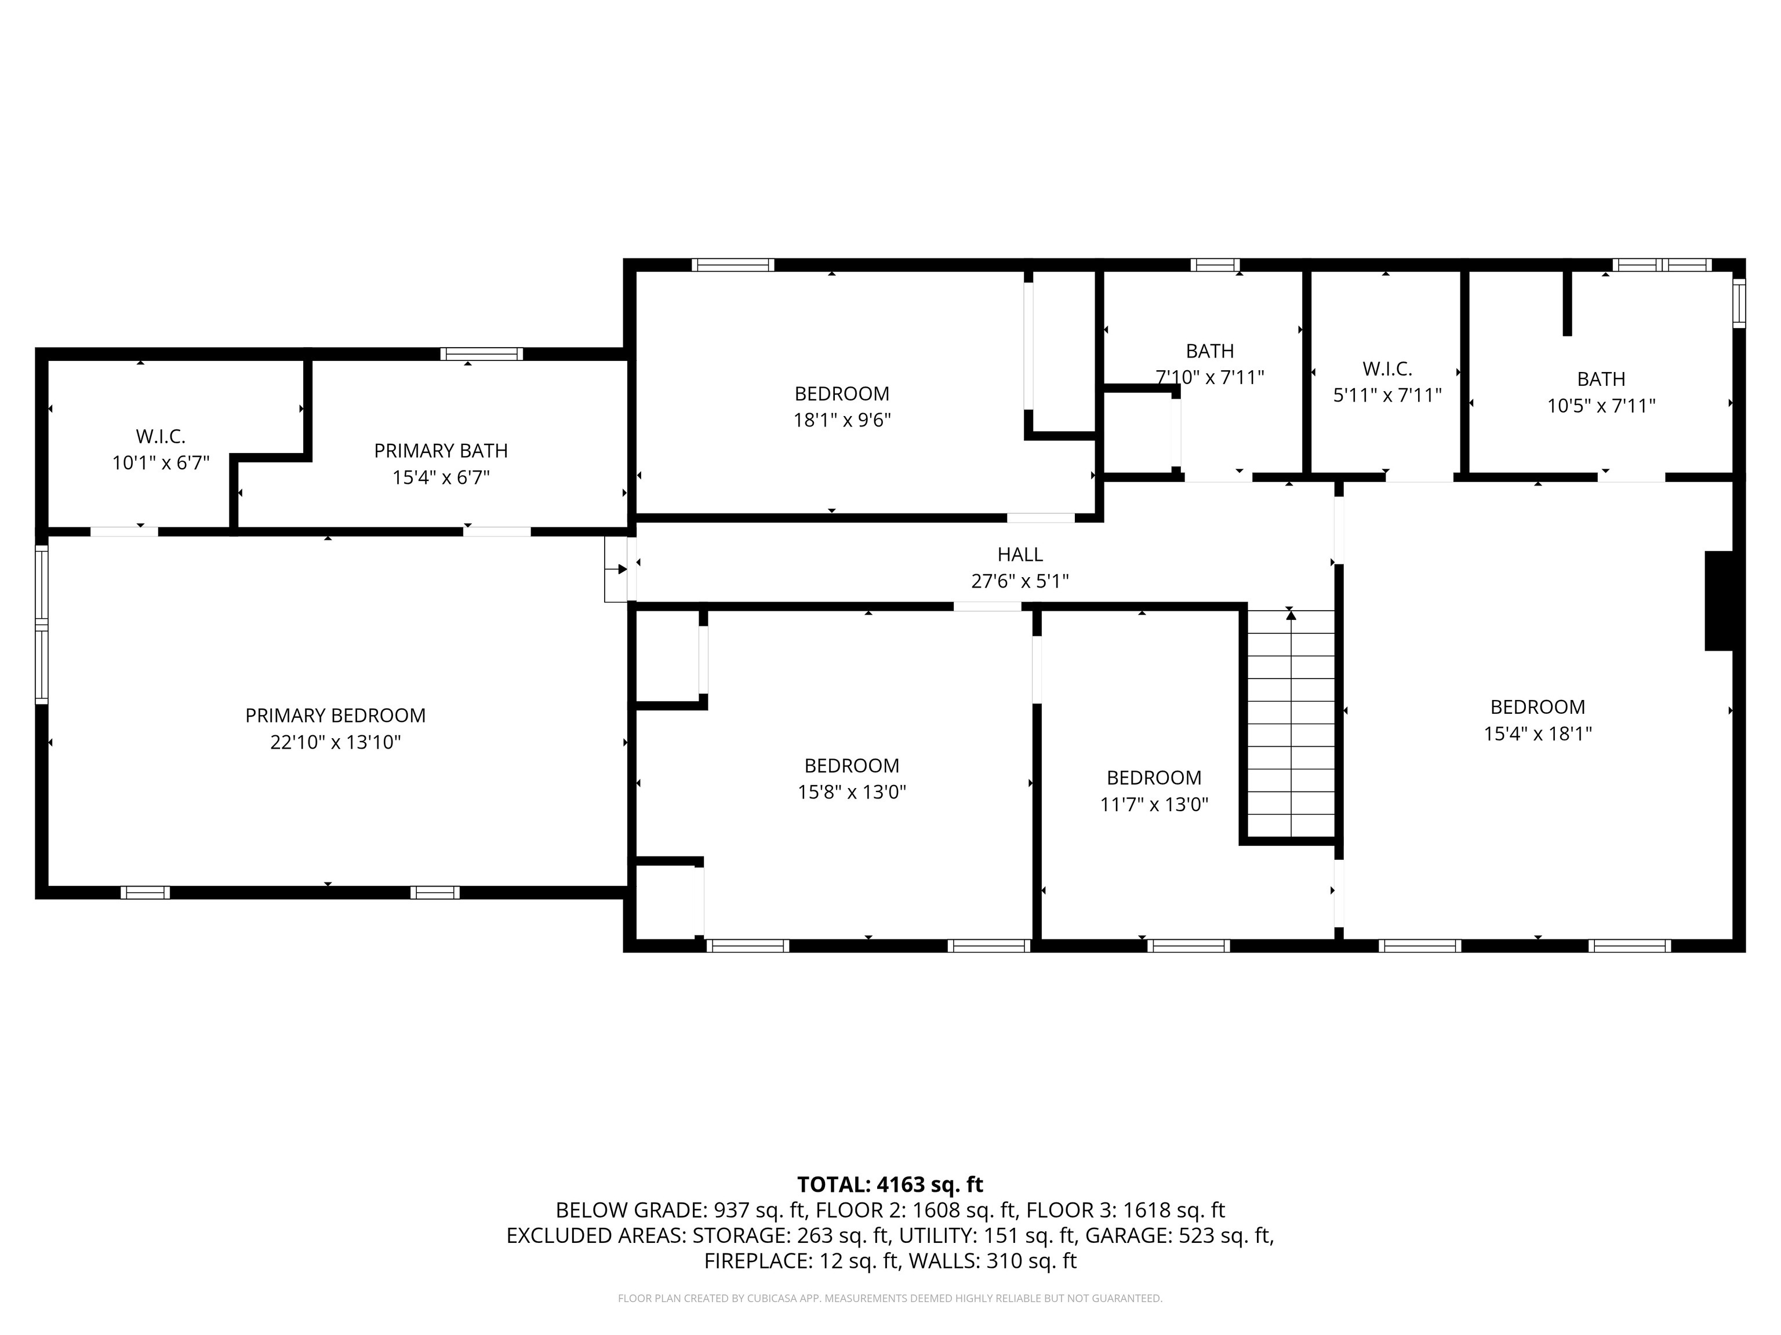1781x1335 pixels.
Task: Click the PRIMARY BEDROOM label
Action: tap(335, 716)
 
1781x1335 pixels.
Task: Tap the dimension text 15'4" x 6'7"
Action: tap(441, 477)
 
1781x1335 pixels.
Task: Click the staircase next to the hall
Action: tap(1291, 725)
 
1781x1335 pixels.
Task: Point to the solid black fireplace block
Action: tap(1718, 600)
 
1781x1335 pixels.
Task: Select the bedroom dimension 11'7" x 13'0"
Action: tap(1154, 804)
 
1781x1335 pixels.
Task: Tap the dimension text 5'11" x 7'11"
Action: tap(1386, 395)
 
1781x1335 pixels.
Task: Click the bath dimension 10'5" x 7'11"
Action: tap(1601, 406)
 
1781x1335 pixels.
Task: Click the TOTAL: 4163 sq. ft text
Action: tap(890, 1184)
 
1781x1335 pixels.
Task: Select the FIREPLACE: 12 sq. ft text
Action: tap(800, 1261)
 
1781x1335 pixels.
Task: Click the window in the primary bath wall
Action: tap(481, 354)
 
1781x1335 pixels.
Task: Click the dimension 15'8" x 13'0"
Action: tap(851, 792)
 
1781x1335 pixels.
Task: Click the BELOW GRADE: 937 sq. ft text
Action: tap(681, 1210)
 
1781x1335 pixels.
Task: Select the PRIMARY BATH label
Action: tap(441, 451)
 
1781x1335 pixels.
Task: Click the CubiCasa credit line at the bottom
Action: tap(890, 1298)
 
